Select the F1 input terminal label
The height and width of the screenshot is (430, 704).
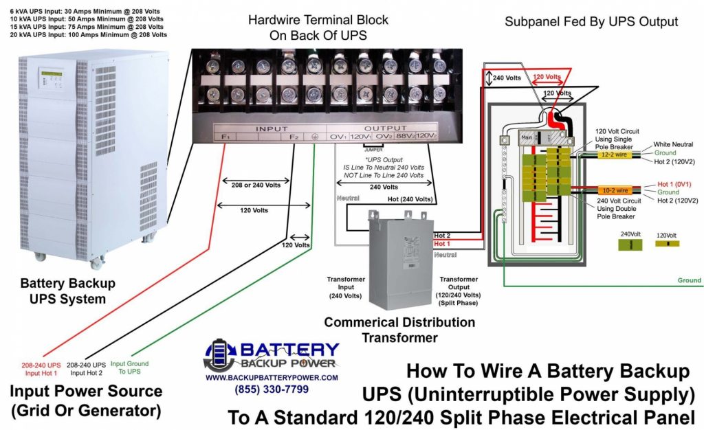point(225,137)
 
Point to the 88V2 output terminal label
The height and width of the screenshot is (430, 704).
point(402,137)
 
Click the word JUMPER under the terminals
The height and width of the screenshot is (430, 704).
point(373,148)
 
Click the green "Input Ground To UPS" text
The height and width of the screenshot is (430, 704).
point(129,368)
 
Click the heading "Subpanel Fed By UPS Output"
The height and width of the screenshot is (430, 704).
point(591,21)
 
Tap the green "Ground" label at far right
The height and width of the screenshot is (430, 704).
point(689,280)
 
